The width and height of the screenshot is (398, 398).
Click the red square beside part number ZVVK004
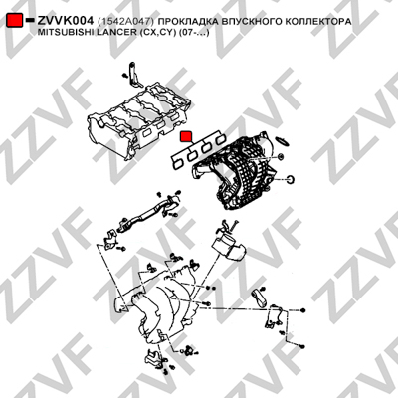pyautogui.click(x=15, y=21)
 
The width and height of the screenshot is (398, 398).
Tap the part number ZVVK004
pyautogui.click(x=65, y=21)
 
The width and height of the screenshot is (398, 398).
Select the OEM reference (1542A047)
pyautogui.click(x=126, y=22)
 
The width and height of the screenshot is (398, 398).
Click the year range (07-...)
pyautogui.click(x=194, y=33)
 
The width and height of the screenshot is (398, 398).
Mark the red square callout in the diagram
pyautogui.click(x=186, y=136)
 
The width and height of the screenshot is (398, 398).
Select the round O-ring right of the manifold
pyautogui.click(x=291, y=179)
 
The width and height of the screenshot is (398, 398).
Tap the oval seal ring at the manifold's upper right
pyautogui.click(x=283, y=140)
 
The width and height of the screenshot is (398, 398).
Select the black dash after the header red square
pyautogui.click(x=30, y=20)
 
